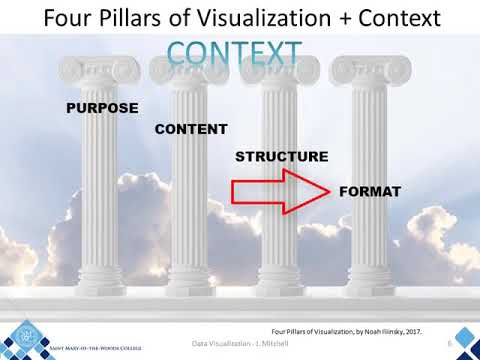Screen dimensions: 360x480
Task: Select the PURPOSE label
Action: click(101, 107)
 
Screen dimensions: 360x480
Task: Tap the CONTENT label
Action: click(191, 129)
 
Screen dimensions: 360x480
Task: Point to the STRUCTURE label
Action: click(282, 157)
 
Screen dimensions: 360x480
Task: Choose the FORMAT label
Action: click(371, 190)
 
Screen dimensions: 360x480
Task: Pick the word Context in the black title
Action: click(399, 18)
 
